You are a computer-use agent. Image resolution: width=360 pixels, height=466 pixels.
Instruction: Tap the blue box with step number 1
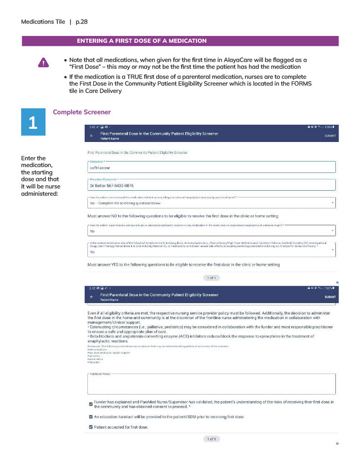point(33,122)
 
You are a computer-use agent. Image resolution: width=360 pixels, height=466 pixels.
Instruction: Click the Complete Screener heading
point(82,112)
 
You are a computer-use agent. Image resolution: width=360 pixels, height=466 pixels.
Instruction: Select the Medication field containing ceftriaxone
point(211,167)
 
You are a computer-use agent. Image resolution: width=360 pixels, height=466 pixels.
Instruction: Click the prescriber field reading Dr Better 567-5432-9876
point(211,185)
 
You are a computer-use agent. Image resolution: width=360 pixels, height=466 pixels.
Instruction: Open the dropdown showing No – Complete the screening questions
point(211,203)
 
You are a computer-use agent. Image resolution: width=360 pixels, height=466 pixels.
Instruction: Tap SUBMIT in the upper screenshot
point(330,136)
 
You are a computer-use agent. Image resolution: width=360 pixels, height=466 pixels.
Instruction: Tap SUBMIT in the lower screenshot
point(330,297)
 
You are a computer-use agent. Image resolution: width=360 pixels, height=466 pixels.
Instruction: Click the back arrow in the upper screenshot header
point(91,136)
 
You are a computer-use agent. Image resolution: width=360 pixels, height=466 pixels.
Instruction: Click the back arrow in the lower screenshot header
point(91,297)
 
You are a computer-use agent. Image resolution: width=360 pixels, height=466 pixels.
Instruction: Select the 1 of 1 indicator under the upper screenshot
point(212,278)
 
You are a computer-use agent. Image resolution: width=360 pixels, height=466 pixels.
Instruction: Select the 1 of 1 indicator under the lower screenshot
point(212,439)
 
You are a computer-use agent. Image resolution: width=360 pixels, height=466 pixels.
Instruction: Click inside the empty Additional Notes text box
point(211,385)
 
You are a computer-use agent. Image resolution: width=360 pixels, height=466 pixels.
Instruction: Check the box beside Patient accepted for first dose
point(91,427)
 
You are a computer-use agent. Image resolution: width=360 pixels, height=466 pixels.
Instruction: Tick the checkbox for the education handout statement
point(91,416)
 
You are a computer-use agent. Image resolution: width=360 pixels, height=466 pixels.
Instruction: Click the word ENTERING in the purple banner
point(91,41)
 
